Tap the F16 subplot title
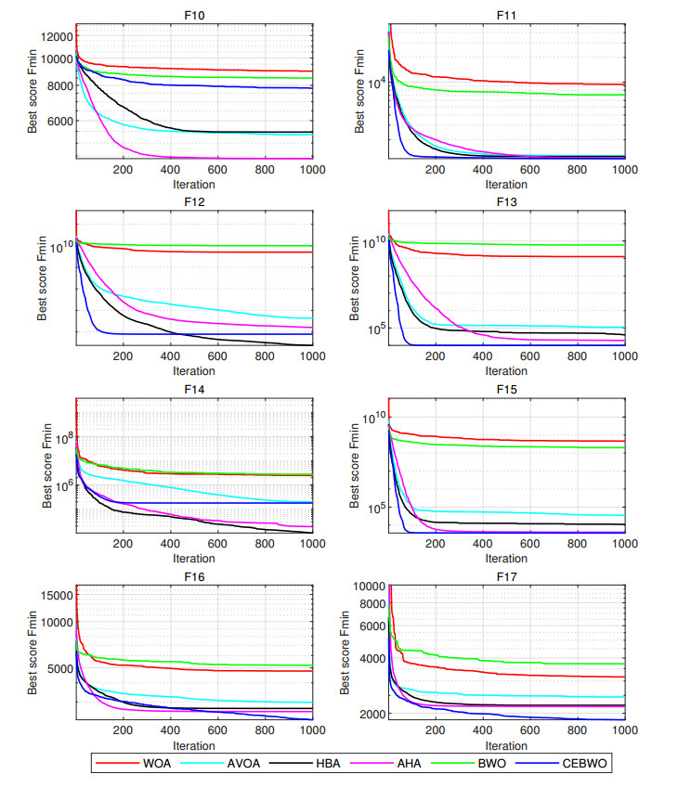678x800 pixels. pos(193,576)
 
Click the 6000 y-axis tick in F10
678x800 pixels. pos(58,121)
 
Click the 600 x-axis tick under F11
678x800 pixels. pos(529,171)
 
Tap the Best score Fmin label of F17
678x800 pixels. pos(345,650)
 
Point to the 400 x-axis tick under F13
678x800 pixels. pos(482,358)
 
